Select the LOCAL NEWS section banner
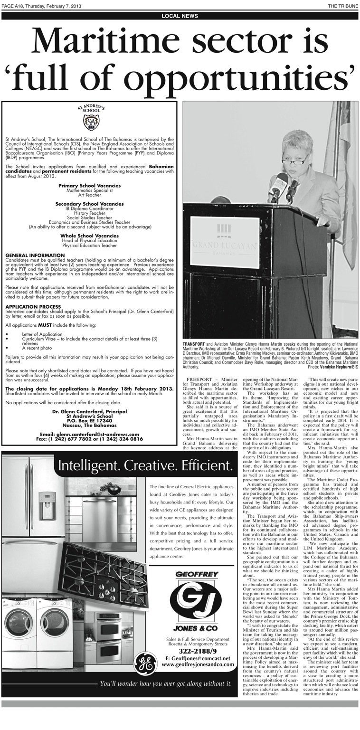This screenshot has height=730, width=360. tap(180, 16)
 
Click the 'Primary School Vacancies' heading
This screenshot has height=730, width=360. tap(89, 185)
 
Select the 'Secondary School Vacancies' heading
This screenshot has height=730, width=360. tap(89, 204)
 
